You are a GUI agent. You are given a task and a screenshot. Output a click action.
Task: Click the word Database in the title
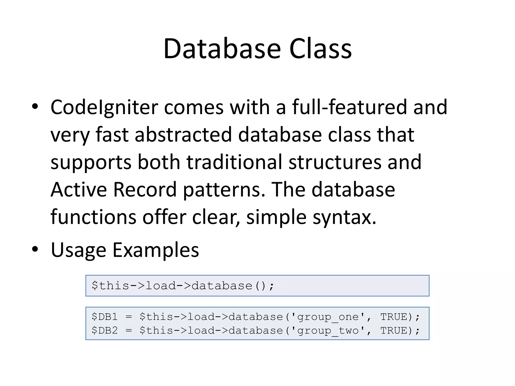pos(222,49)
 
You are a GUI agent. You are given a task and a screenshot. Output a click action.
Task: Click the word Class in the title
pos(320,49)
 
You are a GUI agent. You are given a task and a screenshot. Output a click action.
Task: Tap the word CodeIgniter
pos(104,107)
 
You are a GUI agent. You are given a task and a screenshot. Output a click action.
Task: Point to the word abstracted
pos(183,135)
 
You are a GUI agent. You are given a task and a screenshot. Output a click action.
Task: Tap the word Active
pos(79,189)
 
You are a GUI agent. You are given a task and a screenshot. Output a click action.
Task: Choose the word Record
pos(145,189)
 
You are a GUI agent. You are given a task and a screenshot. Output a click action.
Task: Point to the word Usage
pos(78,250)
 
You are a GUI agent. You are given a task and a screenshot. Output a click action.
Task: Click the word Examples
pos(156,250)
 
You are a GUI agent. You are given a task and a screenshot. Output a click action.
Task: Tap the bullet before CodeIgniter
pos(35,107)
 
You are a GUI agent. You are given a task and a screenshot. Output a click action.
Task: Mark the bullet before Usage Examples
pos(35,249)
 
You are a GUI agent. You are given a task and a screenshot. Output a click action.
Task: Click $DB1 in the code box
pos(105,317)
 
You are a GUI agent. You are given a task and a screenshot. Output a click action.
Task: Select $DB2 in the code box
pos(105,331)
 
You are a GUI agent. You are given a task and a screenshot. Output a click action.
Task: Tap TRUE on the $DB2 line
pos(393,331)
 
